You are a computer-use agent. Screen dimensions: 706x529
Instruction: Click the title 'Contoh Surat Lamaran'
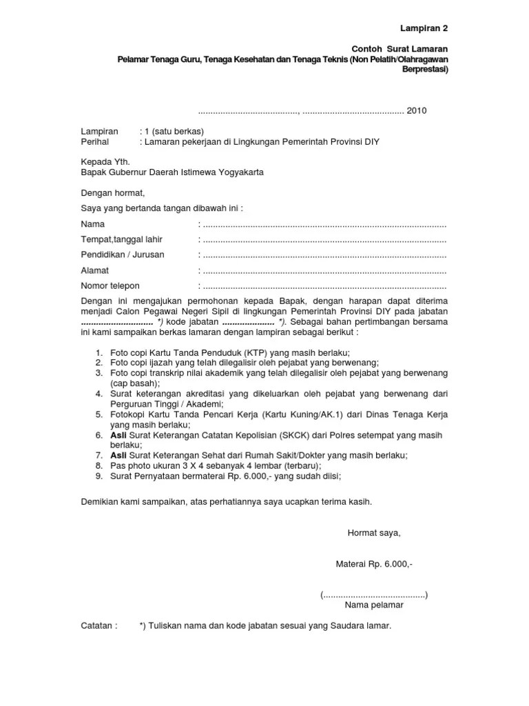point(400,50)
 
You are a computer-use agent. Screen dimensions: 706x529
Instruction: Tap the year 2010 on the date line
point(417,111)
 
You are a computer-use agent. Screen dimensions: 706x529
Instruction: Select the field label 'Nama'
point(92,225)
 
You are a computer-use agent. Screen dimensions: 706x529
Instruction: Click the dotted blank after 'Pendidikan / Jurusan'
point(324,255)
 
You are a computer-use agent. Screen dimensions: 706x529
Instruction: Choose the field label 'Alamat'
point(95,270)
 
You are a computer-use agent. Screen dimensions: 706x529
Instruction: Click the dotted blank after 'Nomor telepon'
point(324,286)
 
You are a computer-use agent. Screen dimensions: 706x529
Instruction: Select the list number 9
point(99,476)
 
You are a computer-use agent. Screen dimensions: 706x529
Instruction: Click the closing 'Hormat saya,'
point(373,533)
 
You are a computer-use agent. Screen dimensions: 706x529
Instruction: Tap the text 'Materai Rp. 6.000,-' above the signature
point(374,564)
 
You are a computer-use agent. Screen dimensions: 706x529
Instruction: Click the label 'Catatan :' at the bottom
point(99,626)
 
